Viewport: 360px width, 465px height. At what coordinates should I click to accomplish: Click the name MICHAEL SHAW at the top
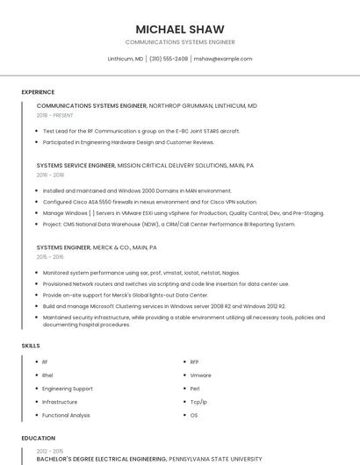tap(180, 29)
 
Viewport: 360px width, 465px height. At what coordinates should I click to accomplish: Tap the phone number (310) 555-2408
tap(169, 59)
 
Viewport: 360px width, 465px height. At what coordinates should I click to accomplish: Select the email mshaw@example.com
tap(223, 59)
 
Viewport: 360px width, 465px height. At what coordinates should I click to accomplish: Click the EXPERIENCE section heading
tap(38, 92)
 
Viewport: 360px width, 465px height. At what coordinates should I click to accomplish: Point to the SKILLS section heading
tap(31, 346)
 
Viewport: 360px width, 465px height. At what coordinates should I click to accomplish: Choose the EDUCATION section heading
tap(38, 438)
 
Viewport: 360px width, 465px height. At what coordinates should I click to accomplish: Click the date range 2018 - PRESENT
tap(55, 115)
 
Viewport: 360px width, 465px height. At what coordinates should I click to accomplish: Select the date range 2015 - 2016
tap(50, 257)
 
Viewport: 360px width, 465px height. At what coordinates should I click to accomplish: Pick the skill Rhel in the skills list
tap(47, 375)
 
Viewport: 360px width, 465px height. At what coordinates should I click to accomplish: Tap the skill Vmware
tap(200, 375)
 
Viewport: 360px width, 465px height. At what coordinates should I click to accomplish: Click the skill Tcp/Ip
tap(198, 401)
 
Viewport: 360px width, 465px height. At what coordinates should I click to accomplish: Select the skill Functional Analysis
tap(66, 415)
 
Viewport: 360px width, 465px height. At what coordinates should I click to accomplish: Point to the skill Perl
tap(195, 388)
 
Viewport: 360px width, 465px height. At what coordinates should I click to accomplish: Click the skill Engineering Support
tap(67, 388)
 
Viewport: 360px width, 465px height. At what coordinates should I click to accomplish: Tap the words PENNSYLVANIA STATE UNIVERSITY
tap(215, 458)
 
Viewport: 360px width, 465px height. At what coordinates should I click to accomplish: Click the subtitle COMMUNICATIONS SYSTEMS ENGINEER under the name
tap(180, 42)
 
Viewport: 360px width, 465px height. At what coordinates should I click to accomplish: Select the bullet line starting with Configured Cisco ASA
tap(149, 202)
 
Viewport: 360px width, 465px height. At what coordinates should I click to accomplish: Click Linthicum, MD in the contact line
tap(125, 59)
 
